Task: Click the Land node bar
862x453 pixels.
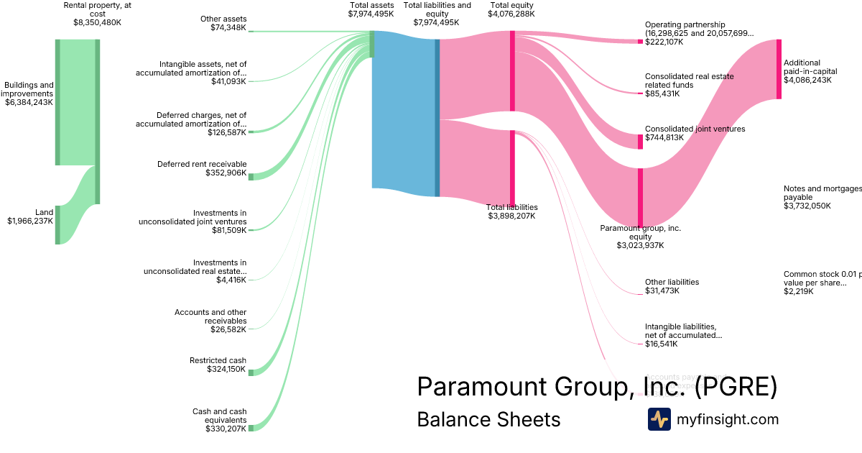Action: pos(57,224)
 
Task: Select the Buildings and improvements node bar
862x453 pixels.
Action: pos(57,102)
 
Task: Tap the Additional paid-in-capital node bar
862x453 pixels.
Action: pos(779,69)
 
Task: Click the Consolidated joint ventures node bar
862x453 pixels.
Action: pos(640,141)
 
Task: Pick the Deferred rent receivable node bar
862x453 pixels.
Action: pos(251,176)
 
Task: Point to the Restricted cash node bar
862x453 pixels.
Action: pos(251,372)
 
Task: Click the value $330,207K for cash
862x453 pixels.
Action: pos(226,429)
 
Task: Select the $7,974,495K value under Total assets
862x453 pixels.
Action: pos(371,14)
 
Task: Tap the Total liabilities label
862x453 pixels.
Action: pos(511,207)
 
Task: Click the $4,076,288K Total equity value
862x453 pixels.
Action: pos(511,14)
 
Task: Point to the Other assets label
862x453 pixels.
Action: pos(223,19)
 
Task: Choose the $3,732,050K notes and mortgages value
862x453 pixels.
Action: pos(807,206)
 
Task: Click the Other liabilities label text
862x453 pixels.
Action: pos(672,282)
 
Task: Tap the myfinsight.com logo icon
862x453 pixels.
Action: pos(659,419)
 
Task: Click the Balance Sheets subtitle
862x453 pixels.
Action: pos(488,419)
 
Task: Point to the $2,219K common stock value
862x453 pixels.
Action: pos(799,292)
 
